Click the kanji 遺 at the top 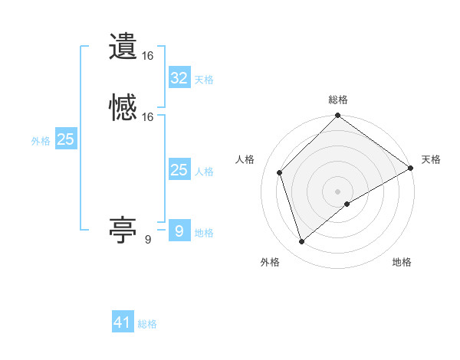tap(123, 47)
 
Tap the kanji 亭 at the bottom tap(123, 229)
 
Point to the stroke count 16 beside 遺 tap(148, 56)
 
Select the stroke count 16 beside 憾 tap(148, 117)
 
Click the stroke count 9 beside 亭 tap(148, 240)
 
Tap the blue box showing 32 tap(179, 78)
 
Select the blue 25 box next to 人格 tap(179, 170)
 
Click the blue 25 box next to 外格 tap(66, 139)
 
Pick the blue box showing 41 tap(123, 322)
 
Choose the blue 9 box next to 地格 tap(179, 231)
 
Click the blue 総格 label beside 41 tap(148, 324)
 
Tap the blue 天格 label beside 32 tap(205, 80)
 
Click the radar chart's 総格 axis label tap(338, 100)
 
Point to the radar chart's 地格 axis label tap(402, 262)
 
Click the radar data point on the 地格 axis tap(347, 204)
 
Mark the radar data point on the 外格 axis tap(302, 242)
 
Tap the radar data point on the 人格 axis tap(280, 172)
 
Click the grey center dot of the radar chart tap(338, 191)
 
